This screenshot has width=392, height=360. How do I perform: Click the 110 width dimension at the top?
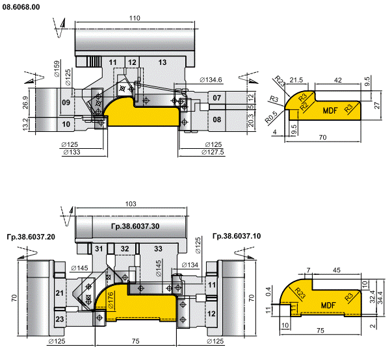[134, 18]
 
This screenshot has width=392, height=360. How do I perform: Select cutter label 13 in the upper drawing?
[162, 62]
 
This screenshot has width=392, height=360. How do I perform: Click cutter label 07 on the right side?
[216, 98]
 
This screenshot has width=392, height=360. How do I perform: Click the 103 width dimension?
[130, 205]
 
